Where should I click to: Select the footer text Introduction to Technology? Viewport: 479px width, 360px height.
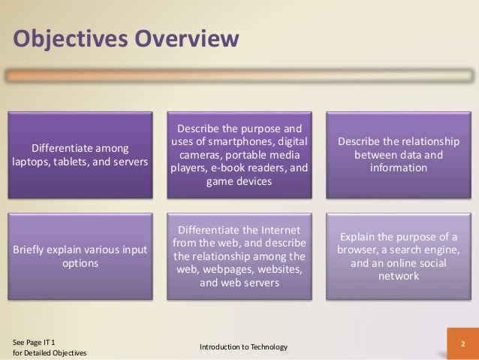[243, 346]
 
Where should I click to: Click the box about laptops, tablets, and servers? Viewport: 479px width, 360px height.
[79, 154]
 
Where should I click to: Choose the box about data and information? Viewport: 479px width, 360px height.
[399, 154]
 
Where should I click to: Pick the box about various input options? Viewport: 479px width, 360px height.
[79, 256]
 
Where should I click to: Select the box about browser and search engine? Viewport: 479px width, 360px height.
[399, 256]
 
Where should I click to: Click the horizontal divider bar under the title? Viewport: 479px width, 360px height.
[239, 76]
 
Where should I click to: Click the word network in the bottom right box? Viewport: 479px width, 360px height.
[399, 277]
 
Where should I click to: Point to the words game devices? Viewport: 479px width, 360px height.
[239, 181]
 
